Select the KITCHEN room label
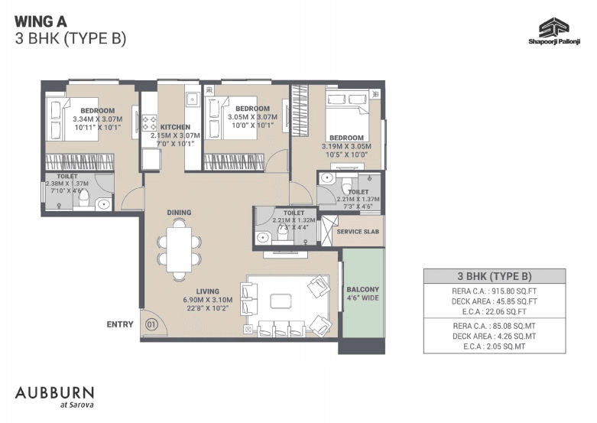(x=175, y=127)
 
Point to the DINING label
(x=180, y=213)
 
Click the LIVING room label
(x=207, y=291)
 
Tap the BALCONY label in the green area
(x=362, y=289)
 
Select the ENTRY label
(x=120, y=324)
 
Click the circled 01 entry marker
(x=151, y=324)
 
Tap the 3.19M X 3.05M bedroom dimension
(x=346, y=146)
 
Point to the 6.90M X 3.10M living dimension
(x=207, y=300)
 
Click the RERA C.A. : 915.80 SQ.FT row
(x=495, y=291)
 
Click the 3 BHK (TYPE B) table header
(x=495, y=276)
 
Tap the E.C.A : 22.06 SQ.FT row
(x=495, y=312)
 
